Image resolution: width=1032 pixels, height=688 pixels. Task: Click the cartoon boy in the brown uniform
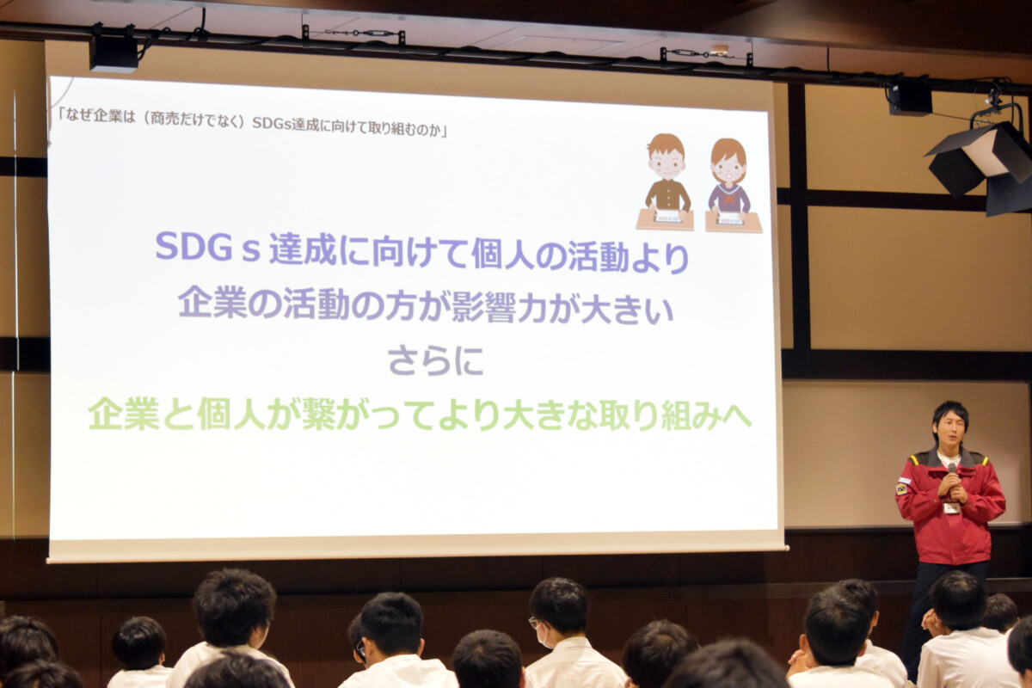(666, 181)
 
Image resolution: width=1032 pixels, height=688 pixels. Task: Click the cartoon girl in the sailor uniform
(732, 185)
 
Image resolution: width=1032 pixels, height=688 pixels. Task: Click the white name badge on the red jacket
(950, 507)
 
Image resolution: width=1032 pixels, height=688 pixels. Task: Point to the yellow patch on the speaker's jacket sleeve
(901, 488)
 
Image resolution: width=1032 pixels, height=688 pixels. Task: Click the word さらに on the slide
(435, 361)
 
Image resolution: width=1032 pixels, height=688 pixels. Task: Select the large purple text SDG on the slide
(193, 246)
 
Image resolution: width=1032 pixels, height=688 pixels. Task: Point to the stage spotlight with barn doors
(982, 164)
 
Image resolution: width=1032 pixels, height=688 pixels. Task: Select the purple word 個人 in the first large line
(505, 254)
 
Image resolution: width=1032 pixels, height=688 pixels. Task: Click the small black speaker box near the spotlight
(911, 99)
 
